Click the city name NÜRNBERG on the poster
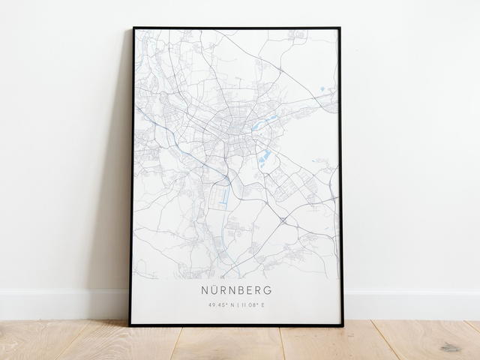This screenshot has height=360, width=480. (236, 289)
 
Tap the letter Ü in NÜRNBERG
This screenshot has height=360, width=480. (214, 289)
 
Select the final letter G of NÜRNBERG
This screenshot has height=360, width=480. (268, 289)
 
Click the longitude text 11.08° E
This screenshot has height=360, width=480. (253, 304)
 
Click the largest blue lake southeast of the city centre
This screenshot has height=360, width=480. (264, 156)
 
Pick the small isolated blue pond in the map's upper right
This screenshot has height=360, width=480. (322, 89)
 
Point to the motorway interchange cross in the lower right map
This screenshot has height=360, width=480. (283, 220)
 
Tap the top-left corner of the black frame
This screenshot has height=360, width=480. (134, 28)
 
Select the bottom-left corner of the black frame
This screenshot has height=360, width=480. (130, 325)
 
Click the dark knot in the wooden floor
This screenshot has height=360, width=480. (451, 347)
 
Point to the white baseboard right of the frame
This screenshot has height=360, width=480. (412, 304)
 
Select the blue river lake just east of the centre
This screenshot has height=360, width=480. (264, 121)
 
